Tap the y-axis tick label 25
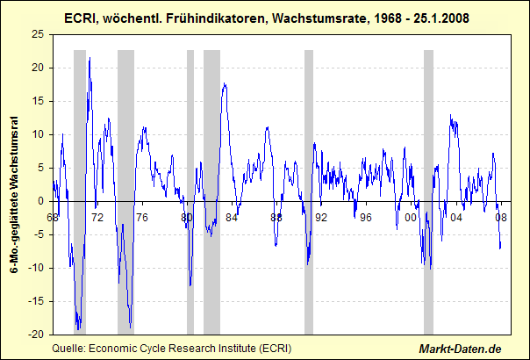coord(38,34)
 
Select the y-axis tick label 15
coord(38,101)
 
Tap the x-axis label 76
coord(142,217)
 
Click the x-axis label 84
coord(232,217)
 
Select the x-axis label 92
coord(321,217)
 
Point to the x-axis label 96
coord(366,217)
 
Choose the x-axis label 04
coord(456,217)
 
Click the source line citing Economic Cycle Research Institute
coord(172,348)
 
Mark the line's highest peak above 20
coord(90,59)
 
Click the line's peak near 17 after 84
coord(225,84)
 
